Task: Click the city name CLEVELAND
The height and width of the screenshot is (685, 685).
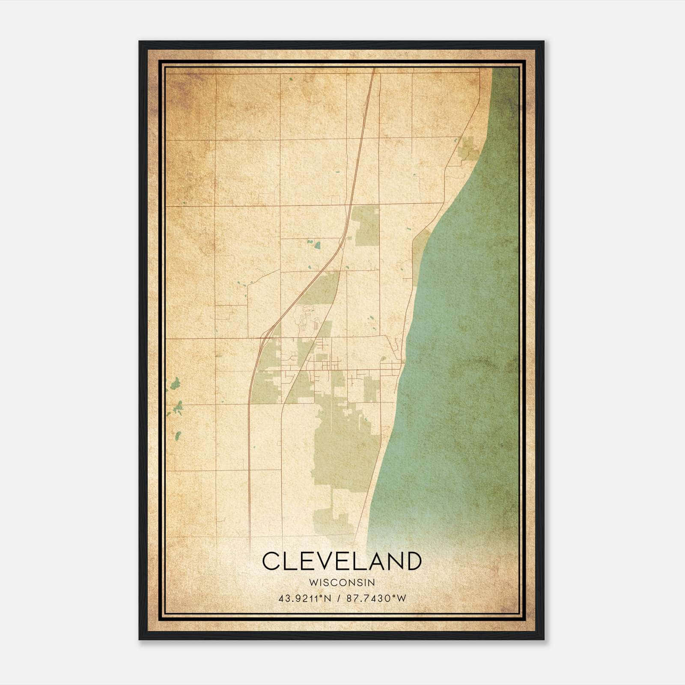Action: pos(342,561)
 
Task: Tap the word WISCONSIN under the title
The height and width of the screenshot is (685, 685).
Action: pos(342,582)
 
